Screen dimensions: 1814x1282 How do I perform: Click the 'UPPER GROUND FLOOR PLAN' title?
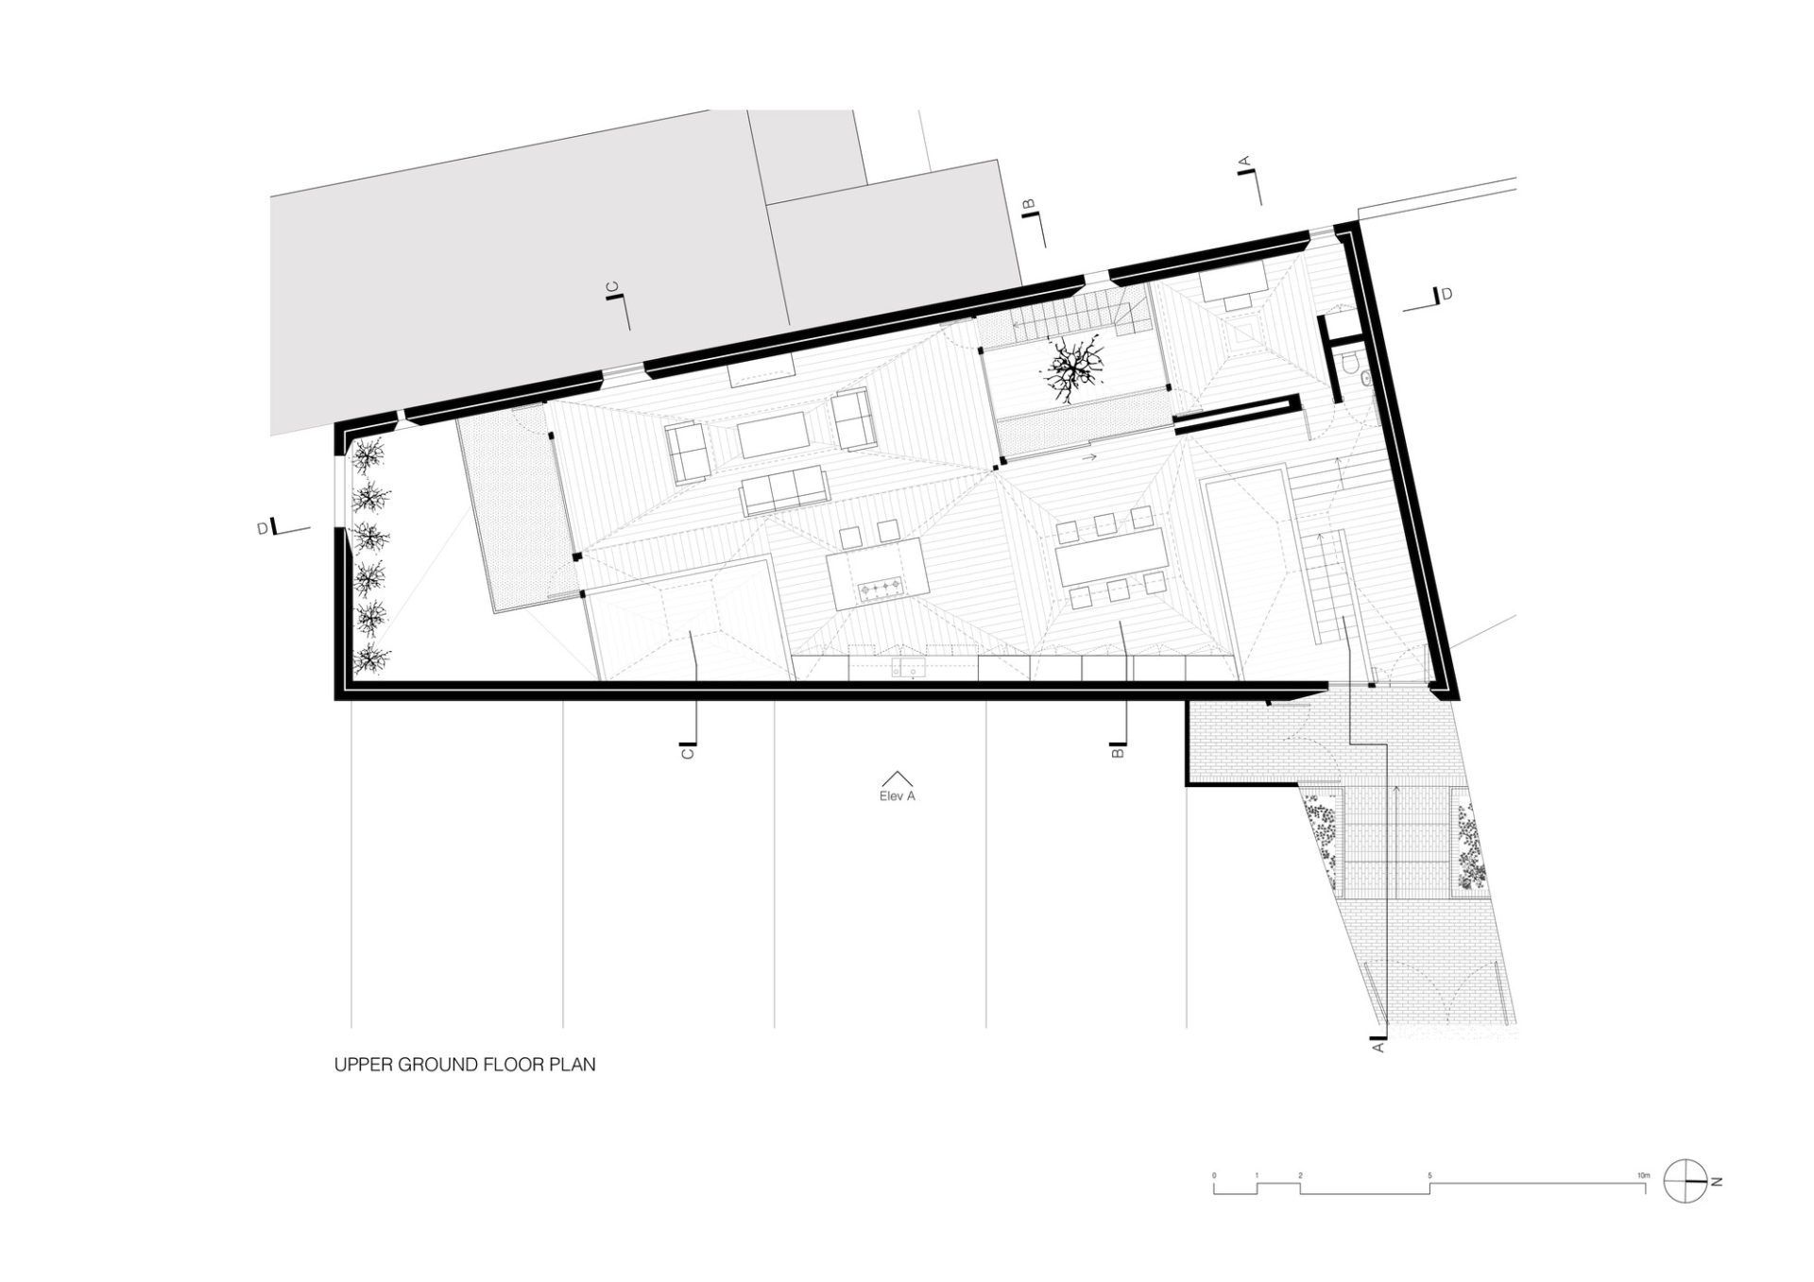465,1065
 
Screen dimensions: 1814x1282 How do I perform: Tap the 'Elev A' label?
897,796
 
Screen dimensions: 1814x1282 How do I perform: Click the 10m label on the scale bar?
1644,1174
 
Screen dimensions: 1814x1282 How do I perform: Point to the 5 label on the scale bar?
1429,1175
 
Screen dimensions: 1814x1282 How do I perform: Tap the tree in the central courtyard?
1073,369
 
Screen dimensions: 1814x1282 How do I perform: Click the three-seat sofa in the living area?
784,487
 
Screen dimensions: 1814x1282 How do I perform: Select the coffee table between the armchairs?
774,435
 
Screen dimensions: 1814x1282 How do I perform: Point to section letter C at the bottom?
688,753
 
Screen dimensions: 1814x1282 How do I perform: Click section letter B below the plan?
1119,753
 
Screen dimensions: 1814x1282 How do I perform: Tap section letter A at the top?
1245,162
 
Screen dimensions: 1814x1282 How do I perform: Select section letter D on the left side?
264,530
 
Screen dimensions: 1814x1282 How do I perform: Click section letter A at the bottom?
1378,1047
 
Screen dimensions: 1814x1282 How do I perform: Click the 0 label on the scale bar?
1215,1175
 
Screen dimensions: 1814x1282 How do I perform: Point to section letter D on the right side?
1446,295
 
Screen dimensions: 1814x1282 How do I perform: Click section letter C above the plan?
611,286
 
